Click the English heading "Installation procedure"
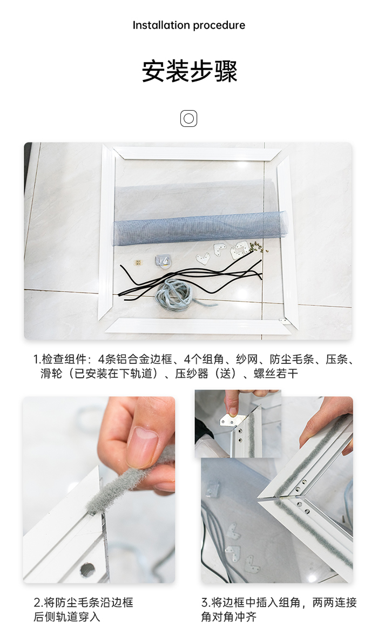[x=189, y=25]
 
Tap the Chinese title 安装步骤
[x=190, y=71]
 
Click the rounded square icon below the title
[x=188, y=118]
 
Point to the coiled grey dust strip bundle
[x=174, y=293]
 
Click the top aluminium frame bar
[x=197, y=153]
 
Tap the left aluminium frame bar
[x=107, y=232]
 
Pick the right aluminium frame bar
[x=287, y=238]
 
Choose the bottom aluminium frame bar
[x=197, y=326]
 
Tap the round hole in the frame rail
[x=87, y=569]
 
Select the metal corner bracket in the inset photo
[x=229, y=419]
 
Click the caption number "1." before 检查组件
[x=37, y=359]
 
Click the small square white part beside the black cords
[x=138, y=263]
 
